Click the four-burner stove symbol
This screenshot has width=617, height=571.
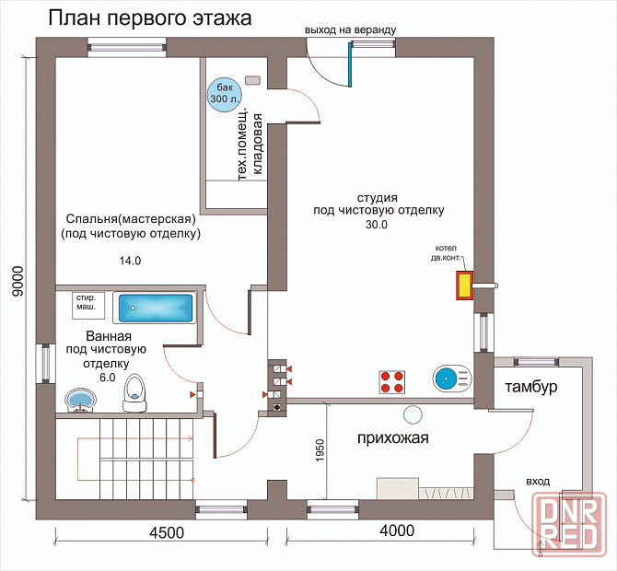[392, 380]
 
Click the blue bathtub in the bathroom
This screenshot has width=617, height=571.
[157, 308]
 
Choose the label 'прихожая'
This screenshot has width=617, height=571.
[393, 437]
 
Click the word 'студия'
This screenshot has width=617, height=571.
[378, 197]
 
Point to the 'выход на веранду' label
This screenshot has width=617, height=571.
[351, 29]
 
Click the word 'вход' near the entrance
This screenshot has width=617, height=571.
[538, 481]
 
